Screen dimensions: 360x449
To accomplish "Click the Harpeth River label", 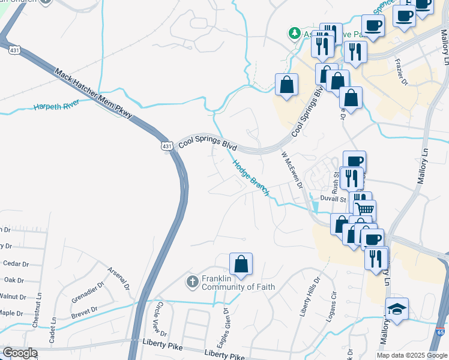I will click(x=57, y=106).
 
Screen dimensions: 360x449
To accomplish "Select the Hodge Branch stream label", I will click(x=250, y=177).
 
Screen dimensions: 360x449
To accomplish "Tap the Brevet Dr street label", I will click(x=83, y=313).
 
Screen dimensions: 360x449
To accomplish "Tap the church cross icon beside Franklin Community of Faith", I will click(x=192, y=281).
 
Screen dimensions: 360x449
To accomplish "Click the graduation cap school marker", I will click(x=397, y=308).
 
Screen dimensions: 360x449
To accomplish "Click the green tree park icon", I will click(x=295, y=34).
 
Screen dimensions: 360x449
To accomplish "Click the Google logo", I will click(x=20, y=353).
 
